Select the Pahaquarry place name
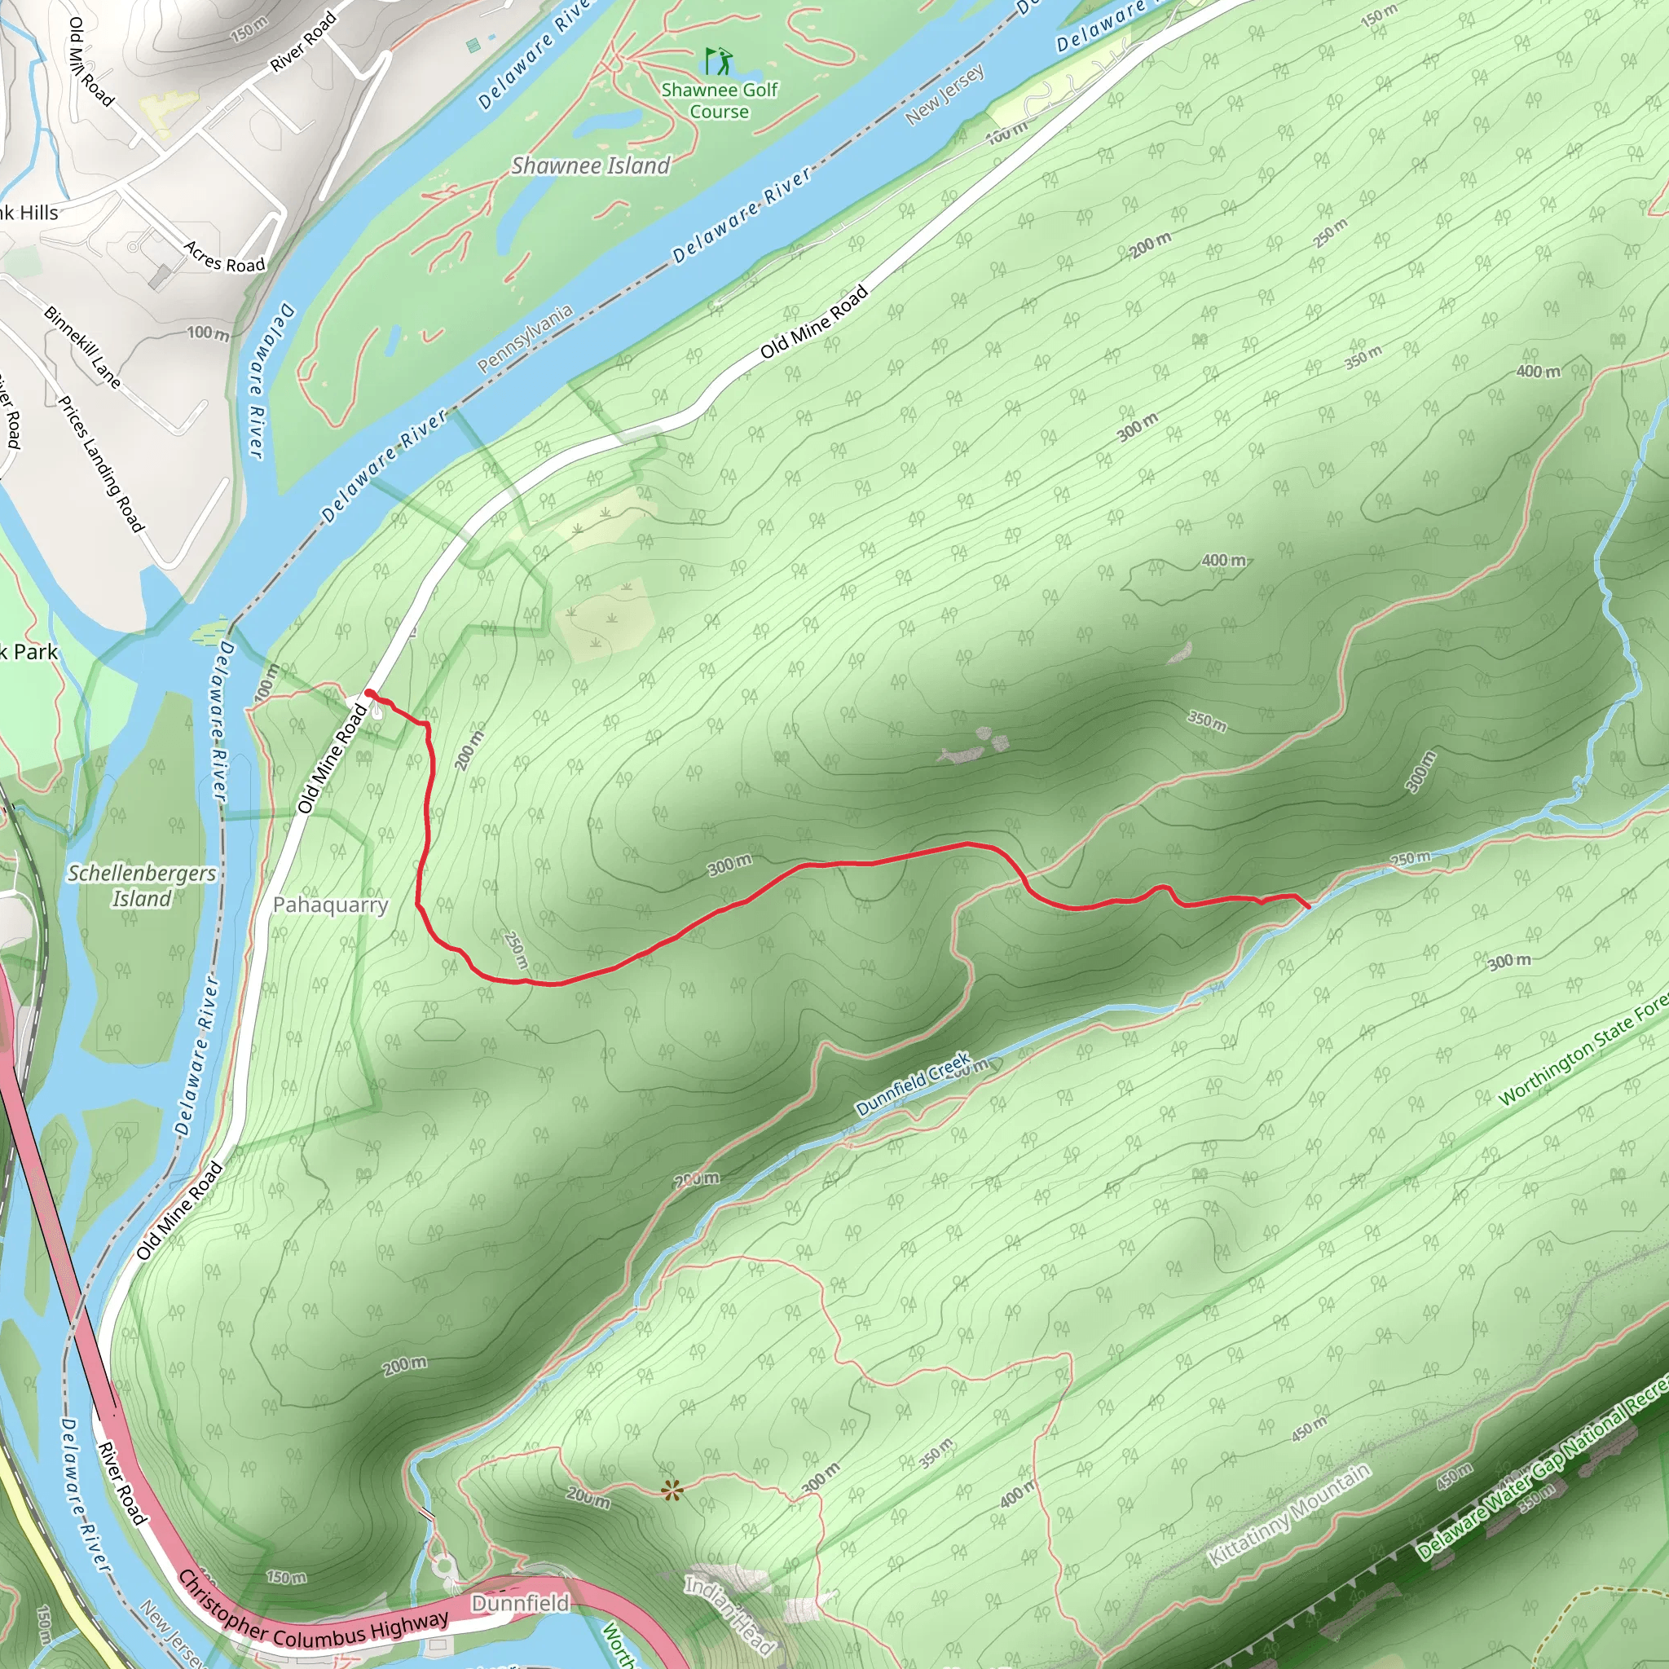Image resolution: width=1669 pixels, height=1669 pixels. coord(330,905)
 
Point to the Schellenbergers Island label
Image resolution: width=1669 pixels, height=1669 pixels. coord(142,886)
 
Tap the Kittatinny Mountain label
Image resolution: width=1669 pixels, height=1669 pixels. coord(1289,1515)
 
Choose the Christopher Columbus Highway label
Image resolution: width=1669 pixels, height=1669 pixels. coord(313,1616)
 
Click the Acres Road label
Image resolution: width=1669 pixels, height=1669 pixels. coord(225,258)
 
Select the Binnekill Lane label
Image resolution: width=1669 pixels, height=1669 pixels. coord(83,346)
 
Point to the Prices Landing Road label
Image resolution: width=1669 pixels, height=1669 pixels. coord(101,464)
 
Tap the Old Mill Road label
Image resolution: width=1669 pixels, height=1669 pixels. coord(90,61)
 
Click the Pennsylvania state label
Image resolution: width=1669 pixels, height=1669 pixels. coord(526,339)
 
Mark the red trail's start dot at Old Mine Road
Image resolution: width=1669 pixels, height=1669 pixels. coord(370,693)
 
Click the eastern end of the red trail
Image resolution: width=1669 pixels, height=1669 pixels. coord(1308,906)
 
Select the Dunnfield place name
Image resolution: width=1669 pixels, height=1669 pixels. coord(520,1602)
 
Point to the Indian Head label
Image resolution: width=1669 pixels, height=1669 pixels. coord(730,1613)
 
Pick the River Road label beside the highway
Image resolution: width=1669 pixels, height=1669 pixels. coord(121,1482)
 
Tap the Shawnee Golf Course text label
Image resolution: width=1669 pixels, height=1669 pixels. coord(720,100)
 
